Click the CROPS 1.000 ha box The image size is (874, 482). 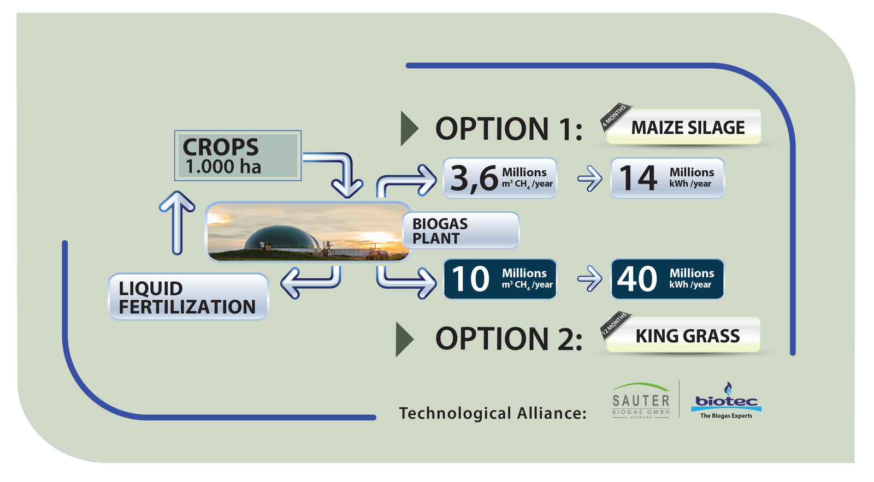coord(238,156)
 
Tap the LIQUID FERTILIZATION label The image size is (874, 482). coord(188,297)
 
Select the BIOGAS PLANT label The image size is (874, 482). coord(461,230)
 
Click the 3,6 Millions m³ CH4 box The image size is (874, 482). coord(500,178)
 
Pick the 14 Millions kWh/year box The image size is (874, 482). coord(667,178)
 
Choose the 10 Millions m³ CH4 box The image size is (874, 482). coord(500,279)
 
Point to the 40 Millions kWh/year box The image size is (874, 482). coord(667,279)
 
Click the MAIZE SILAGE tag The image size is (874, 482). coord(683,127)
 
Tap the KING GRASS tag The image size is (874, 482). coord(683,335)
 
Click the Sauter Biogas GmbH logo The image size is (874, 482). coord(641,401)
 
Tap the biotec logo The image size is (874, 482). coord(726,401)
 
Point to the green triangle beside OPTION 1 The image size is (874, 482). coord(409,129)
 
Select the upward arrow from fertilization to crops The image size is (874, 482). coord(177,223)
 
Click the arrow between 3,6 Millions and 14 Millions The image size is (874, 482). coord(590,178)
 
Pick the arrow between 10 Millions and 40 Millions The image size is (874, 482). coord(590,279)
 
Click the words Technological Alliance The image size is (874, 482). coord(492,413)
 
